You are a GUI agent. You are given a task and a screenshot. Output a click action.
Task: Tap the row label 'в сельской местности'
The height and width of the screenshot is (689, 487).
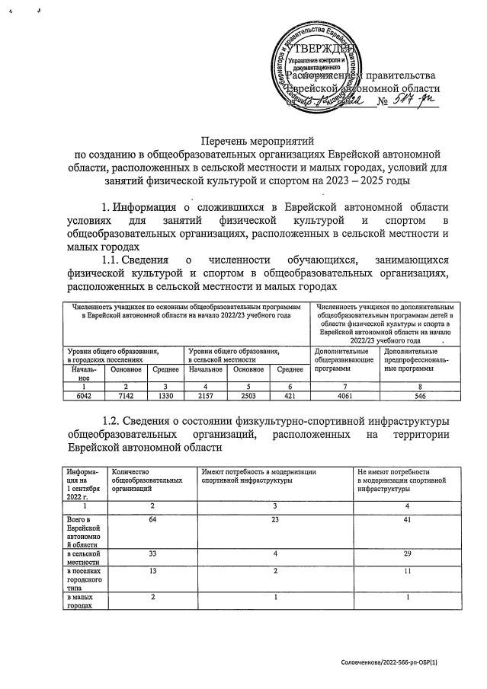(x=82, y=559)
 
